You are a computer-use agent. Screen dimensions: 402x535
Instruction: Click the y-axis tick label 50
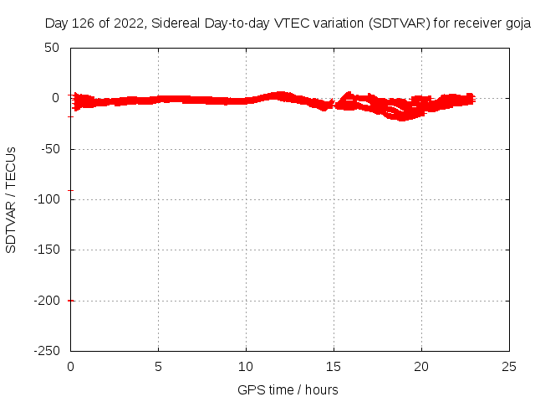52,48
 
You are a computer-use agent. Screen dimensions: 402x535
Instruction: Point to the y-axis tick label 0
55,98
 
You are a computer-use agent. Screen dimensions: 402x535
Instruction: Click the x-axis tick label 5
158,366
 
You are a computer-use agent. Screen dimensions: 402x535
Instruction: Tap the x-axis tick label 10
246,366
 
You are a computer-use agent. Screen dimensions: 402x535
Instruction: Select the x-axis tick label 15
334,366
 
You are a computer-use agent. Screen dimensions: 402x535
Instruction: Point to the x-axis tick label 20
421,366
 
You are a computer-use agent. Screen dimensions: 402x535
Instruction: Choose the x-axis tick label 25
509,366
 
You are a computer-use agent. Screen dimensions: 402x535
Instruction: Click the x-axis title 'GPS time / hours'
288,389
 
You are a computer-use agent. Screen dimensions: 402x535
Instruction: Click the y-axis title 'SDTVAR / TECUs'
12,199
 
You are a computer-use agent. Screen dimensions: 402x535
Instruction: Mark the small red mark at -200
71,300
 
